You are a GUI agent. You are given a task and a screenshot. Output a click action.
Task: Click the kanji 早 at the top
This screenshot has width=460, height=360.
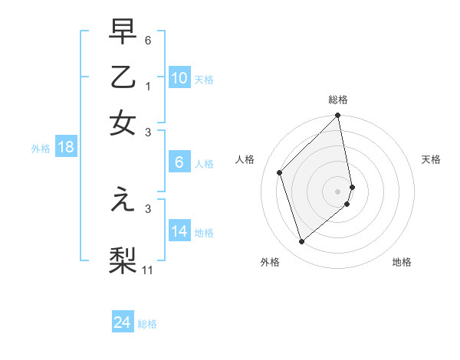click(123, 31)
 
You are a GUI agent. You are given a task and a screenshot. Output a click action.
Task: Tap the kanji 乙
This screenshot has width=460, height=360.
click(123, 78)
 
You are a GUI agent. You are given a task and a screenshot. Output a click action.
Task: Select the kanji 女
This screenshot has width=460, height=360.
click(123, 124)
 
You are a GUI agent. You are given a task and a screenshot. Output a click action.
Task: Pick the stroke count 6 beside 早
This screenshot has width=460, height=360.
click(149, 40)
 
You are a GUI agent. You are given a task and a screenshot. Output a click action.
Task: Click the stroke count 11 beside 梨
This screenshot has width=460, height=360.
click(149, 270)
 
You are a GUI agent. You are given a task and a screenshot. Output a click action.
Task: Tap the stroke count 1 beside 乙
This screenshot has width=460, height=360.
click(149, 87)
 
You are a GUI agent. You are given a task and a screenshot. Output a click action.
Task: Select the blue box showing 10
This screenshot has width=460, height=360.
click(179, 78)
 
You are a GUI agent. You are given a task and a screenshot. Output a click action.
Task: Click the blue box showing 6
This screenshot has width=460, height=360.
click(179, 162)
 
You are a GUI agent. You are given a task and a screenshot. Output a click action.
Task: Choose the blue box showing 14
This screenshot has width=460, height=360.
click(179, 231)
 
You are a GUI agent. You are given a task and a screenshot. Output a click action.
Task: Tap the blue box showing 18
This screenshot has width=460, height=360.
click(66, 147)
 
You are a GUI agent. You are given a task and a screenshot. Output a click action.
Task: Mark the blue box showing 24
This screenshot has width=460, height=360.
click(123, 322)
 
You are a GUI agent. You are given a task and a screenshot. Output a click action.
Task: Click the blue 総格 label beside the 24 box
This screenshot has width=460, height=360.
click(147, 324)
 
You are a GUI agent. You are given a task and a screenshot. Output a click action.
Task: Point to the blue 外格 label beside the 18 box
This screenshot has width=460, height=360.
click(41, 149)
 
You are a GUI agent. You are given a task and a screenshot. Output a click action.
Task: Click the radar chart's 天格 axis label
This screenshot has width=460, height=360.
click(432, 159)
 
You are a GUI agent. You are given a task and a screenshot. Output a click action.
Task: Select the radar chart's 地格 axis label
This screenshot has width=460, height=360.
click(402, 262)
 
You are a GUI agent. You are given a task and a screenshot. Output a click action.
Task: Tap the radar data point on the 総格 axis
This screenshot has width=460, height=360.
click(338, 116)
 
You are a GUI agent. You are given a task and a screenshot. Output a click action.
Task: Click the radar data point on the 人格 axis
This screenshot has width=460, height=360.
click(280, 172)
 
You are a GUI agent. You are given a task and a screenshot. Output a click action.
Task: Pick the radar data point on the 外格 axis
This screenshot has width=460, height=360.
click(302, 242)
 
